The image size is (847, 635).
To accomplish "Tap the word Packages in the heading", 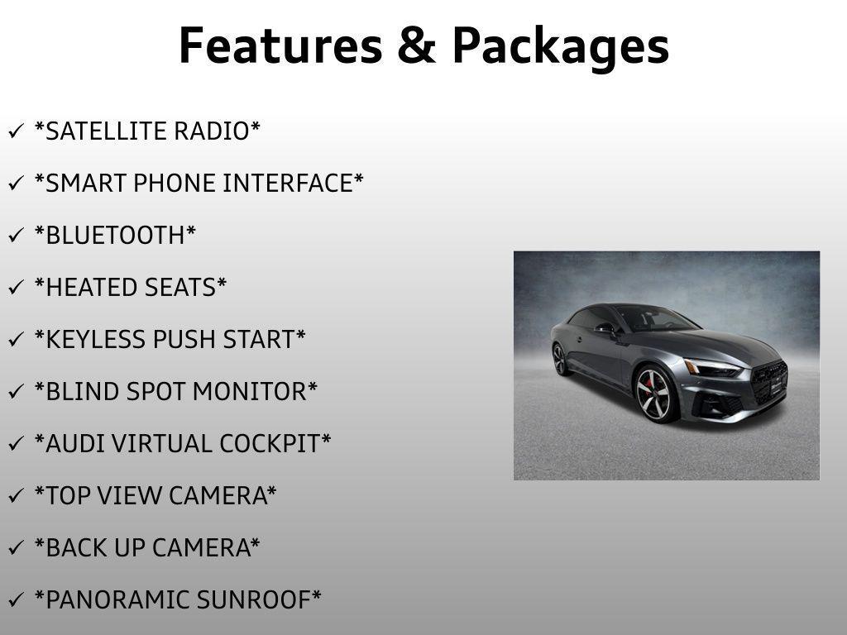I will click(560, 47).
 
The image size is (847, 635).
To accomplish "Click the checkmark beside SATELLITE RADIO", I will click(15, 131).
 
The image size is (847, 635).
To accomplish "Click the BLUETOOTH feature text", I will click(115, 235).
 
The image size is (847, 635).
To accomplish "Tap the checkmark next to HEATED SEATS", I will click(15, 288).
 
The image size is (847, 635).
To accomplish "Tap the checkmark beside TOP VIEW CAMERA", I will click(15, 496).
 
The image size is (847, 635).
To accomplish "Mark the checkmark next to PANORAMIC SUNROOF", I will click(15, 600).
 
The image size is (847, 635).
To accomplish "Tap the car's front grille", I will click(769, 383).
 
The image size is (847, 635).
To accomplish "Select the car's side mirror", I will click(605, 328).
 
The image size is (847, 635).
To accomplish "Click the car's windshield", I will click(653, 318).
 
